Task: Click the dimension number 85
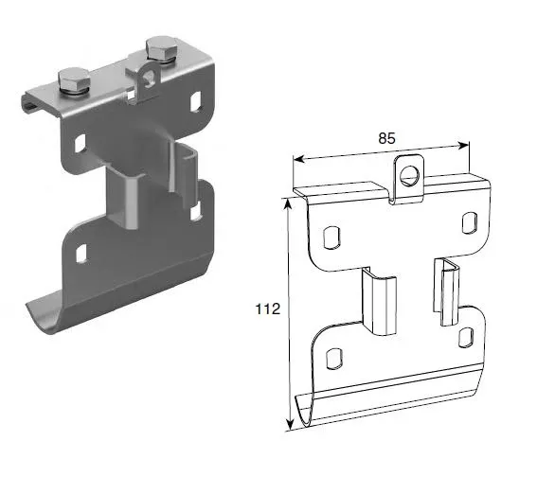pyautogui.click(x=386, y=138)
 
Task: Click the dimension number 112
pyautogui.click(x=267, y=308)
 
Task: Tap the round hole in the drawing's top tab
pyautogui.click(x=409, y=175)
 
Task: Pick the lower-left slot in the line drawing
pyautogui.click(x=332, y=358)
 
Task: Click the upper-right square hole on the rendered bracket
pyautogui.click(x=196, y=100)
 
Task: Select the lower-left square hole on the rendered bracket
pyautogui.click(x=81, y=253)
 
